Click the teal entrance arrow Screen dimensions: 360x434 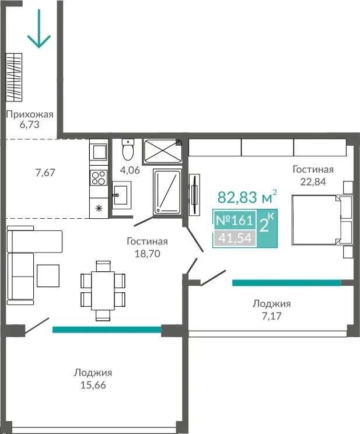(x=39, y=29)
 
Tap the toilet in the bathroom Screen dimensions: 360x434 (x=128, y=150)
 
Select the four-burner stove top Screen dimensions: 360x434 (x=99, y=177)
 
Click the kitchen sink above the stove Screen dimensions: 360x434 (x=99, y=152)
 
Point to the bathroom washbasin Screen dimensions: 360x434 (x=121, y=195)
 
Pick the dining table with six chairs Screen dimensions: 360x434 (x=103, y=290)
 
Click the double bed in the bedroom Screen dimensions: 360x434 (x=322, y=220)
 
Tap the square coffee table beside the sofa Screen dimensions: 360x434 (x=48, y=275)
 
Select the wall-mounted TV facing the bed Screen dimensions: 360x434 (x=195, y=194)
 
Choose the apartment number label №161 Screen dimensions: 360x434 (x=235, y=220)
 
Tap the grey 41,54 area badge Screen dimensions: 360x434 (x=235, y=238)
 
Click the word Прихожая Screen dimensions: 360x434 (x=30, y=114)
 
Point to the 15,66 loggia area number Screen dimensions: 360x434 (x=93, y=385)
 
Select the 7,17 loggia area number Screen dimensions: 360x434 (x=272, y=316)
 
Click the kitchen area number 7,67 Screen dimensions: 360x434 (x=46, y=173)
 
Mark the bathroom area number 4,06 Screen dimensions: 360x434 (x=130, y=170)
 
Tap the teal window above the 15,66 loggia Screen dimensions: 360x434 (x=107, y=330)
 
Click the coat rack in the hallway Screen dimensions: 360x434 (x=14, y=77)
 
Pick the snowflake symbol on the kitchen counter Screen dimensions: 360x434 (x=99, y=208)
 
